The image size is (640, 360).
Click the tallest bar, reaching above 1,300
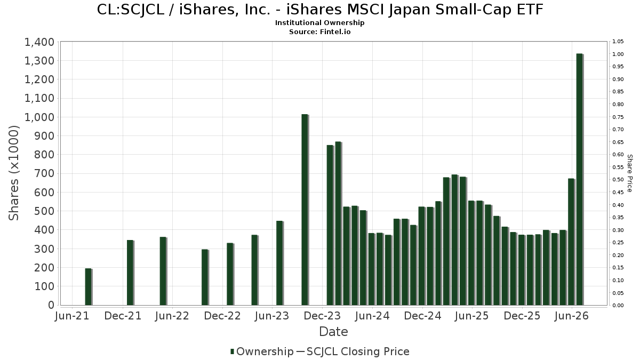click(580, 179)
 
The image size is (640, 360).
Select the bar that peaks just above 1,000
click(305, 210)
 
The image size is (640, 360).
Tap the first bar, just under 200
click(89, 286)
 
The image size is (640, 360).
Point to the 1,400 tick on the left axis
click(39, 42)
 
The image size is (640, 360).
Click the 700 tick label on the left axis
click(45, 173)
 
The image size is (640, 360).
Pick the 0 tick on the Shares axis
click(51, 305)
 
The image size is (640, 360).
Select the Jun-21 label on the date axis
click(72, 316)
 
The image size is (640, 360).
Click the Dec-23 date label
click(322, 316)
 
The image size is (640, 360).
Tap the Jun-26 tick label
click(571, 316)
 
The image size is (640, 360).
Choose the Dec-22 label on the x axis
click(222, 316)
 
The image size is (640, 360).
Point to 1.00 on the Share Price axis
click(618, 54)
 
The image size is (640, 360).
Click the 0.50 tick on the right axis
click(618, 180)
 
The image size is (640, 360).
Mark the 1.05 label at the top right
click(618, 42)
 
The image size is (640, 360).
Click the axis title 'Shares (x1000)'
click(14, 173)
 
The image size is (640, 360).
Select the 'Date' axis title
click(333, 332)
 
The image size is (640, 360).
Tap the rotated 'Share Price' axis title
click(630, 173)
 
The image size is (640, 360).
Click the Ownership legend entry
click(262, 351)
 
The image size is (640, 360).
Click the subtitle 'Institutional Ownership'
click(319, 23)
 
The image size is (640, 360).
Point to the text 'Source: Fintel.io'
click(319, 31)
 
